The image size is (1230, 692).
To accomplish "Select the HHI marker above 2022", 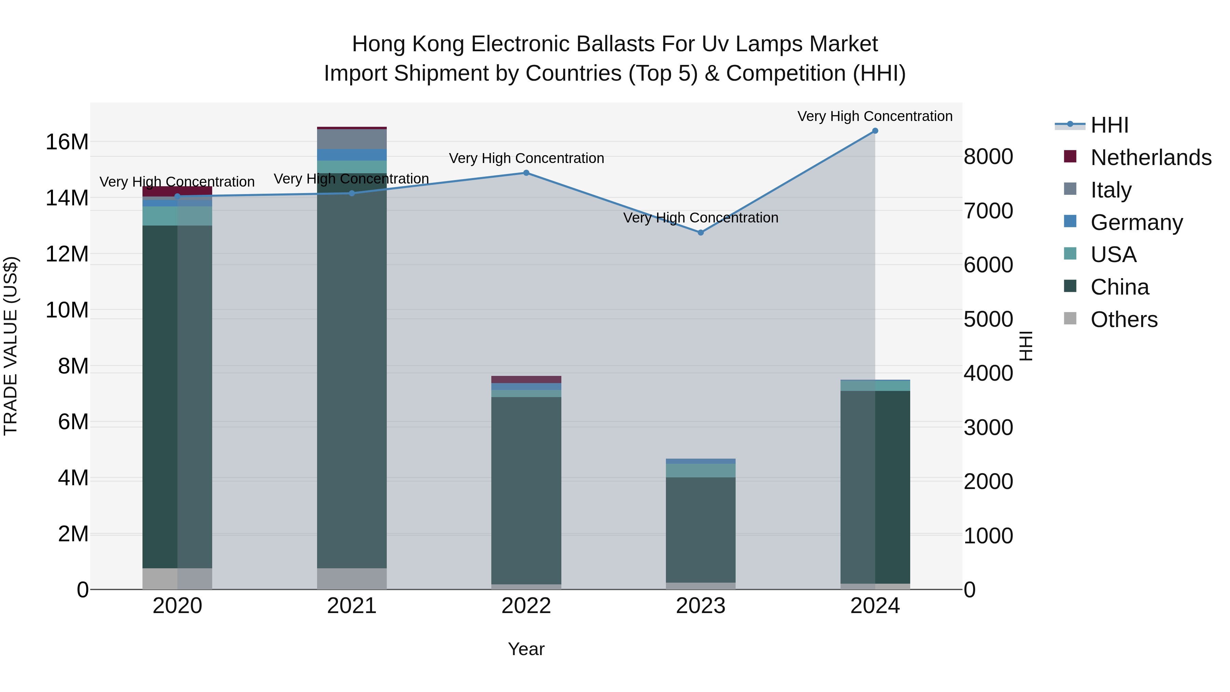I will [x=526, y=173].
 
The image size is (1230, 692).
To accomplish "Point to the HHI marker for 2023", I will [x=700, y=233].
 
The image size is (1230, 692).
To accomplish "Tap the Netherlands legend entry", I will [x=1151, y=158].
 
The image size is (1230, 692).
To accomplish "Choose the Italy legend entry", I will [x=1111, y=190].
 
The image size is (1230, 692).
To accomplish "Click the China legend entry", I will [x=1119, y=287].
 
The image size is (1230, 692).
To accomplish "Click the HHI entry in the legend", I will [x=1109, y=125].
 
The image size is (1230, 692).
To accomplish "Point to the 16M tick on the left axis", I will [x=67, y=142].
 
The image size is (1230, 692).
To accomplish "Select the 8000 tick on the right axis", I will [x=988, y=157].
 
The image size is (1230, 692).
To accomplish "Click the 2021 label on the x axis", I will [x=352, y=606].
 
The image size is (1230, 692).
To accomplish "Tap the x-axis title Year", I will [x=526, y=649].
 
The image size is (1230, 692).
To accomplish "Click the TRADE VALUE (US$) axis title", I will [x=11, y=346].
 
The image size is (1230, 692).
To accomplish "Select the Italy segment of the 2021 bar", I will [x=352, y=139].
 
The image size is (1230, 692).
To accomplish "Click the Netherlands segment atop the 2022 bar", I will [x=526, y=379].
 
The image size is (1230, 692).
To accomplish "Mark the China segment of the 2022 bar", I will [x=526, y=489].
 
